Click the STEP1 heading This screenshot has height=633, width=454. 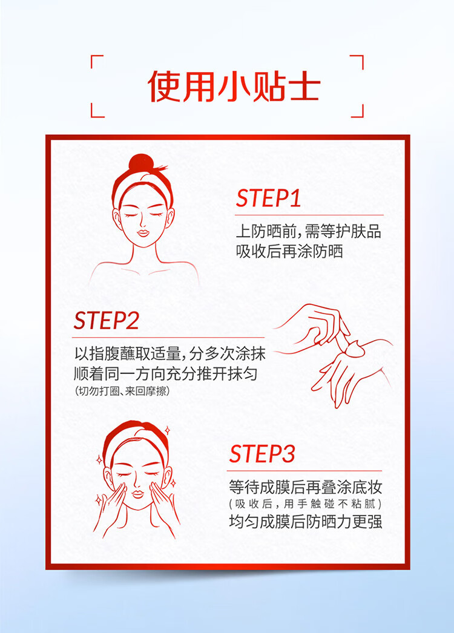(x=269, y=198)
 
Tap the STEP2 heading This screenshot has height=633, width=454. (x=107, y=321)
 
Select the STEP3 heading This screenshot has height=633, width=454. (x=262, y=453)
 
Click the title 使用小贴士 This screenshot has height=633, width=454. (x=234, y=86)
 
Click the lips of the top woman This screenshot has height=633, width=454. (x=143, y=233)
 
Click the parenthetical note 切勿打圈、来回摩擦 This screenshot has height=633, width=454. (x=122, y=391)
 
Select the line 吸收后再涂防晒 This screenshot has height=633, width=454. (x=289, y=252)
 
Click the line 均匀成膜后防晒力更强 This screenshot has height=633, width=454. (x=305, y=521)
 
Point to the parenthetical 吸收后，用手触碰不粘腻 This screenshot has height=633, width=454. (x=305, y=504)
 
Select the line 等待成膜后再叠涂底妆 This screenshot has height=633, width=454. (x=305, y=487)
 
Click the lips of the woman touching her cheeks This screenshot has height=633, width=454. (x=138, y=494)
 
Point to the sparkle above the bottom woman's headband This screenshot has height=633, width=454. (x=168, y=430)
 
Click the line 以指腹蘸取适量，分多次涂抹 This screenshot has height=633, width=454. (x=170, y=353)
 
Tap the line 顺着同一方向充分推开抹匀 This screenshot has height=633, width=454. (x=166, y=373)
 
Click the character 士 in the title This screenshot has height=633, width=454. (x=304, y=86)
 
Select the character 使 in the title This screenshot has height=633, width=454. (x=164, y=86)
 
